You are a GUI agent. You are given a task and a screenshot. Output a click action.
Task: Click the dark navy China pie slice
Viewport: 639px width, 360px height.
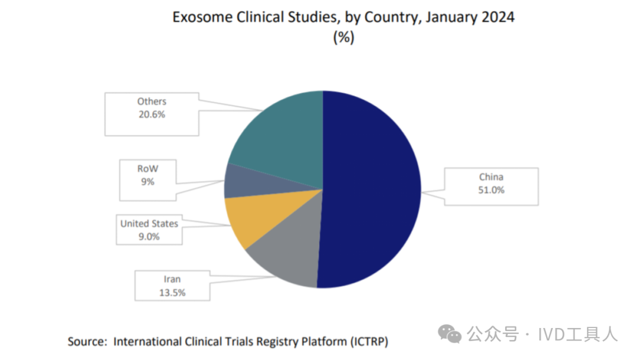(373, 189)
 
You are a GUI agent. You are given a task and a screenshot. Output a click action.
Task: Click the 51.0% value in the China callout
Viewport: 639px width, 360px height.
(492, 191)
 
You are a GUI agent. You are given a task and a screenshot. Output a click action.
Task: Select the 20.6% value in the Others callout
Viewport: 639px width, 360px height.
(151, 115)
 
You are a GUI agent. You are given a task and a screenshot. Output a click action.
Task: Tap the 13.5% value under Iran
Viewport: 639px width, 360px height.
(172, 292)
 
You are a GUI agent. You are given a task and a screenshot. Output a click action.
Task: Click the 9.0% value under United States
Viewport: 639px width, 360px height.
(149, 237)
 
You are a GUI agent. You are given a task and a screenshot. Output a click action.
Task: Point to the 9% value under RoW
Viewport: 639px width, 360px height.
(147, 182)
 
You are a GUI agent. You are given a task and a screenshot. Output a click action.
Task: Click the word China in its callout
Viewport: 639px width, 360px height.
(492, 176)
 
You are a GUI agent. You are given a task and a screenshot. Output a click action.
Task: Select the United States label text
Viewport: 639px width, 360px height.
(149, 223)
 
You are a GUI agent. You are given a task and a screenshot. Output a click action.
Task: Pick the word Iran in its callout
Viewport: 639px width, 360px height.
(172, 279)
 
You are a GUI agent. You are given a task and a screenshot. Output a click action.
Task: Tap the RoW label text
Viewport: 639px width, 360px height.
(147, 168)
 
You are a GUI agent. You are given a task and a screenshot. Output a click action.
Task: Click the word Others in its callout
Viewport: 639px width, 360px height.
(151, 101)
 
